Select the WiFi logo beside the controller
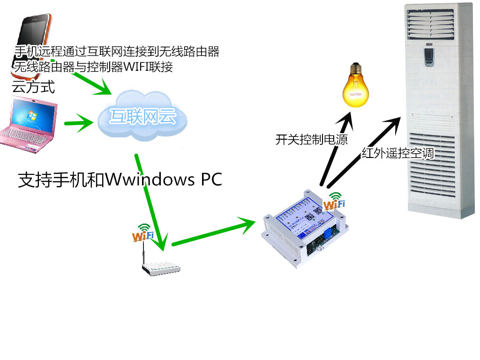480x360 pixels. coord(335,202)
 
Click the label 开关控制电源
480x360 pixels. coord(311,139)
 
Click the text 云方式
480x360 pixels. coord(33,87)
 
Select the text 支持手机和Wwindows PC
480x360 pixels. coord(120,180)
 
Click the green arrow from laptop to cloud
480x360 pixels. coord(78,124)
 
